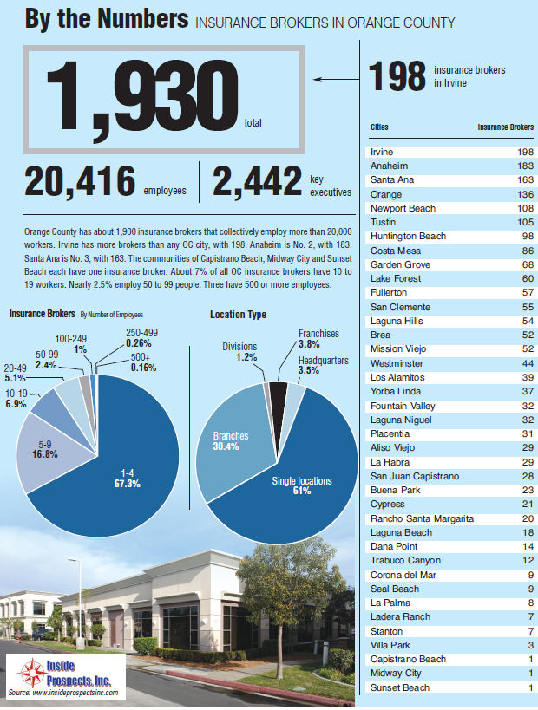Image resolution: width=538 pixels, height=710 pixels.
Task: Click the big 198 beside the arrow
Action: pos(397,76)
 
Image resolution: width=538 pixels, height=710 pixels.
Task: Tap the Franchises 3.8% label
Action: pos(318,338)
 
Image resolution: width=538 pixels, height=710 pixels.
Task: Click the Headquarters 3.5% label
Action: pos(325,365)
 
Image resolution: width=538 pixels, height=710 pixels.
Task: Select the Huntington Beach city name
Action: pos(407,237)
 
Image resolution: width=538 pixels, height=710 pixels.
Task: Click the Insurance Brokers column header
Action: pos(506,127)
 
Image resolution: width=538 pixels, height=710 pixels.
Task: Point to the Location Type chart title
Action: pos(238,315)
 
